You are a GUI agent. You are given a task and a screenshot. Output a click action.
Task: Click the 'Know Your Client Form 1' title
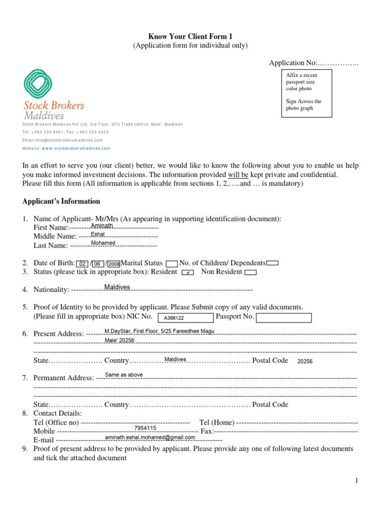click(190, 36)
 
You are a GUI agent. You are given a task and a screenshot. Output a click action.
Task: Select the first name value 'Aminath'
click(102, 226)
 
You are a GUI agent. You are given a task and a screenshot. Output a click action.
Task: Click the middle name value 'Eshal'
click(98, 234)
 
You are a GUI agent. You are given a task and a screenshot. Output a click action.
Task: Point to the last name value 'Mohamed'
click(103, 243)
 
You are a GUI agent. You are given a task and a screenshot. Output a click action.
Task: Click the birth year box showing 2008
click(114, 264)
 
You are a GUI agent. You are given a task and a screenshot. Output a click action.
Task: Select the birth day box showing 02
click(83, 264)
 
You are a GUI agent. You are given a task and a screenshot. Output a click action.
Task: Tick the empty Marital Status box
click(172, 263)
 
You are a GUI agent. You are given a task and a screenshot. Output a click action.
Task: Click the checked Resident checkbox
click(188, 272)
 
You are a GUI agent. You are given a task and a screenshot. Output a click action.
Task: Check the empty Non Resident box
click(251, 272)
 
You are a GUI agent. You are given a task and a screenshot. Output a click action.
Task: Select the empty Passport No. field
click(284, 317)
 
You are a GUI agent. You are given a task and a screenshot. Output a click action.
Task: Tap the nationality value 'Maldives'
click(117, 287)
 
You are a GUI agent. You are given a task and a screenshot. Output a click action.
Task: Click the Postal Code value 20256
click(305, 362)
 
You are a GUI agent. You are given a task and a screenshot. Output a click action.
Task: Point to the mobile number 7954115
click(145, 428)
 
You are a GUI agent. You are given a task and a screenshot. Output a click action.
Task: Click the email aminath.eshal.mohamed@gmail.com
click(150, 438)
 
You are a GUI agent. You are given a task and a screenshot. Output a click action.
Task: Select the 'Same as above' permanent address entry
click(124, 375)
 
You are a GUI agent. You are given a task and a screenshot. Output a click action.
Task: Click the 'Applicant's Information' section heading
click(61, 201)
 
